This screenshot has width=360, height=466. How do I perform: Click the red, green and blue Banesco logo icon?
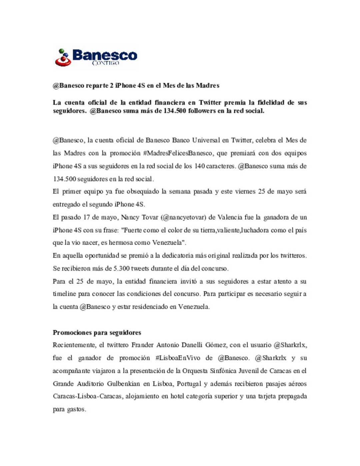pyautogui.click(x=63, y=57)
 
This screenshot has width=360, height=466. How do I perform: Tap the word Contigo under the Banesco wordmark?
pyautogui.click(x=105, y=63)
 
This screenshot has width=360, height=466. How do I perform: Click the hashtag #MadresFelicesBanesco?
pyautogui.click(x=178, y=153)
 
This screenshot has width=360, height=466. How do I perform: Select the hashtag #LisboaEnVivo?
pyautogui.click(x=178, y=358)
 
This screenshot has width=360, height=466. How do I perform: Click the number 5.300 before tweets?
pyautogui.click(x=121, y=268)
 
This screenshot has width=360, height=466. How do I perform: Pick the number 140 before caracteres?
pyautogui.click(x=200, y=166)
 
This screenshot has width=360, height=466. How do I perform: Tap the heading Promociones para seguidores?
pyautogui.click(x=97, y=332)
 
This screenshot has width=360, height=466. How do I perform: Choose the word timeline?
pyautogui.click(x=64, y=294)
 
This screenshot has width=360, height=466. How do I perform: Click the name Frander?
pyautogui.click(x=142, y=345)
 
